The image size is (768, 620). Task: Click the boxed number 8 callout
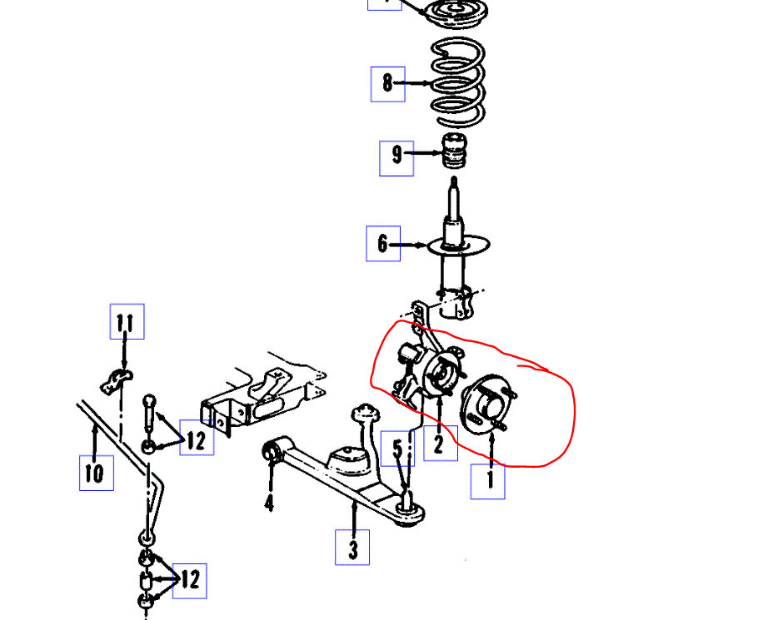[x=387, y=83]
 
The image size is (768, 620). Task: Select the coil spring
[x=456, y=81]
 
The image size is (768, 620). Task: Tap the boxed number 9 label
[x=396, y=155]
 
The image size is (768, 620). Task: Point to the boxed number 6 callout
[x=382, y=244]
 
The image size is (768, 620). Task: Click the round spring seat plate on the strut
[x=457, y=247]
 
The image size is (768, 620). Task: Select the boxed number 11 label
[x=126, y=321]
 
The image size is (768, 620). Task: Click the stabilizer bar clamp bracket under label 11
[x=116, y=381]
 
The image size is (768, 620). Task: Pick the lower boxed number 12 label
[x=189, y=580]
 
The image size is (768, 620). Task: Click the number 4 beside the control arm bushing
[x=269, y=502]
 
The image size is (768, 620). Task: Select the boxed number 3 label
[x=352, y=548]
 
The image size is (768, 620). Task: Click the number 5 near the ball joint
[x=398, y=449]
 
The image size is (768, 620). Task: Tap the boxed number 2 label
[x=439, y=444]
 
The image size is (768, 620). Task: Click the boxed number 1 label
[x=489, y=479]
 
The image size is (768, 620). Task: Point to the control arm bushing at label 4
[x=270, y=451]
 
